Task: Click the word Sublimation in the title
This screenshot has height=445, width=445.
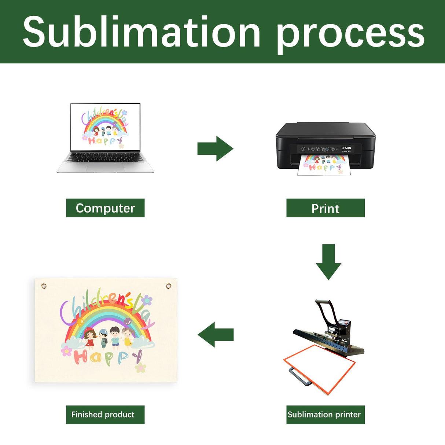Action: click(x=141, y=32)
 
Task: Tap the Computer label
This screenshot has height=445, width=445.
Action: click(x=105, y=208)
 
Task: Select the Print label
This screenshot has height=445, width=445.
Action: click(x=326, y=208)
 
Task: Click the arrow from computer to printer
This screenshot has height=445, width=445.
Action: click(x=216, y=148)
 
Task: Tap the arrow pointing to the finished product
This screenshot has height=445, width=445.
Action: click(x=216, y=335)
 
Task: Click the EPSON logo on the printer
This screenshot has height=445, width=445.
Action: click(x=346, y=148)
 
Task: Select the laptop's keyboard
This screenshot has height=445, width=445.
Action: click(x=105, y=158)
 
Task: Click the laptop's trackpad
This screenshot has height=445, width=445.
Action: click(x=105, y=167)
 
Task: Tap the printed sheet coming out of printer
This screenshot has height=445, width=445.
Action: click(x=324, y=166)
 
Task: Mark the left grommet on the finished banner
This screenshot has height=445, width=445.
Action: click(x=44, y=286)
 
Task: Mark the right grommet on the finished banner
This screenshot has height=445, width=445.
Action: click(x=169, y=286)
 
